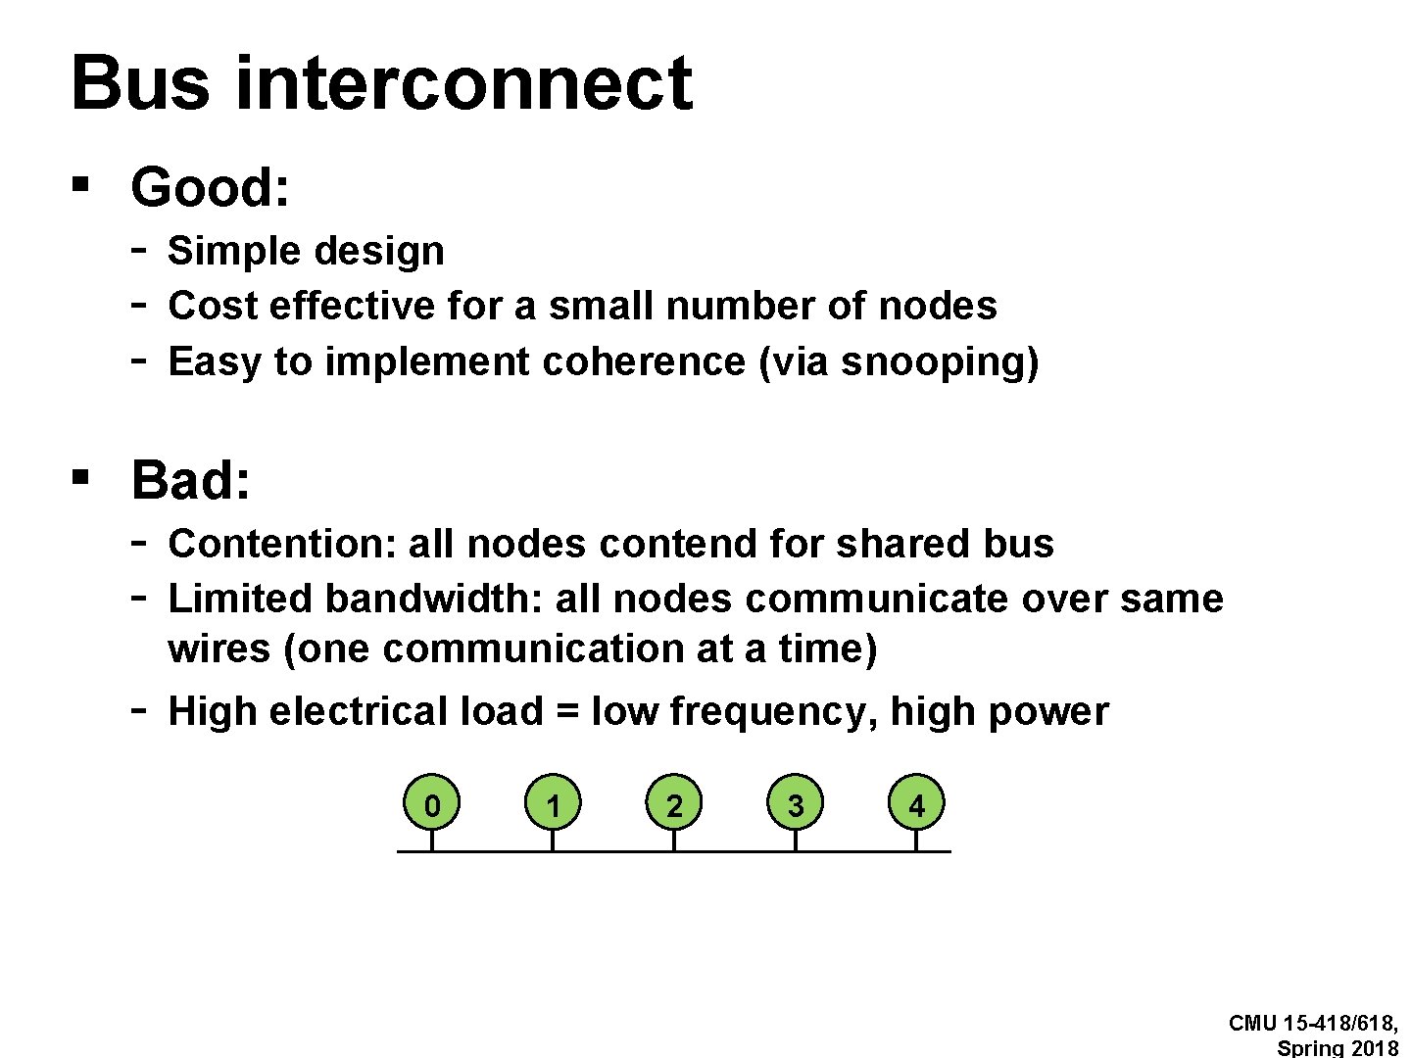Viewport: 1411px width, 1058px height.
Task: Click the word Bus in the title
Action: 140,83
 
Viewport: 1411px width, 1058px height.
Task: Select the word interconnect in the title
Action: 464,83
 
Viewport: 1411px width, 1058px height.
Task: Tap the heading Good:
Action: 211,187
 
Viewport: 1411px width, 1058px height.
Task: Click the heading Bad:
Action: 191,480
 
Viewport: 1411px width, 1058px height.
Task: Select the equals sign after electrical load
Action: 566,712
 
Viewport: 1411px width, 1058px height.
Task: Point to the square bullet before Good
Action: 81,183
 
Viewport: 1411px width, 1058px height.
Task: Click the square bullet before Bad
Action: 81,476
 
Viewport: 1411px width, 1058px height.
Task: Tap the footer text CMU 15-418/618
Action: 1313,1024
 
